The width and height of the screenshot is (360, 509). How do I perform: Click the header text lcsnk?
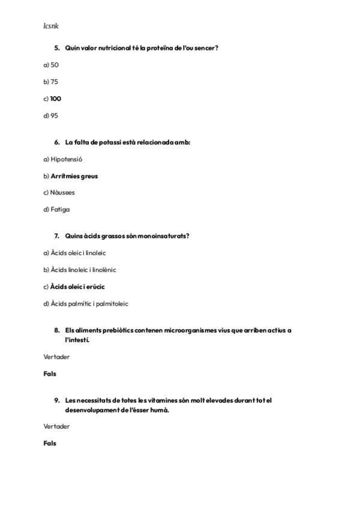pos(51,26)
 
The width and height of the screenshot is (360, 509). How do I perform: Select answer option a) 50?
pos(51,65)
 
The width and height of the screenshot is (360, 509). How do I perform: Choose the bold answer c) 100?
pos(52,98)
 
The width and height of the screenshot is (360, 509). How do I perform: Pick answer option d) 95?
pos(51,115)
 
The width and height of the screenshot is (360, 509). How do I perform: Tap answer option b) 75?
pos(51,82)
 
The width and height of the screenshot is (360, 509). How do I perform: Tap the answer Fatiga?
pos(57,209)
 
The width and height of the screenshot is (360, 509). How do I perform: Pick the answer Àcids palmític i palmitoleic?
pos(86,303)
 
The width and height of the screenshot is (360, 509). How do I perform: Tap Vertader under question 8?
pos(56,357)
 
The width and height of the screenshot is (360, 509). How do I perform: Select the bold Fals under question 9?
pos(50,443)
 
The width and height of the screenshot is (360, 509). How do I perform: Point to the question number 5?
pos(57,47)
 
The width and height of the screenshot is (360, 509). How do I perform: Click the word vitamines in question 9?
pos(153,400)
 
